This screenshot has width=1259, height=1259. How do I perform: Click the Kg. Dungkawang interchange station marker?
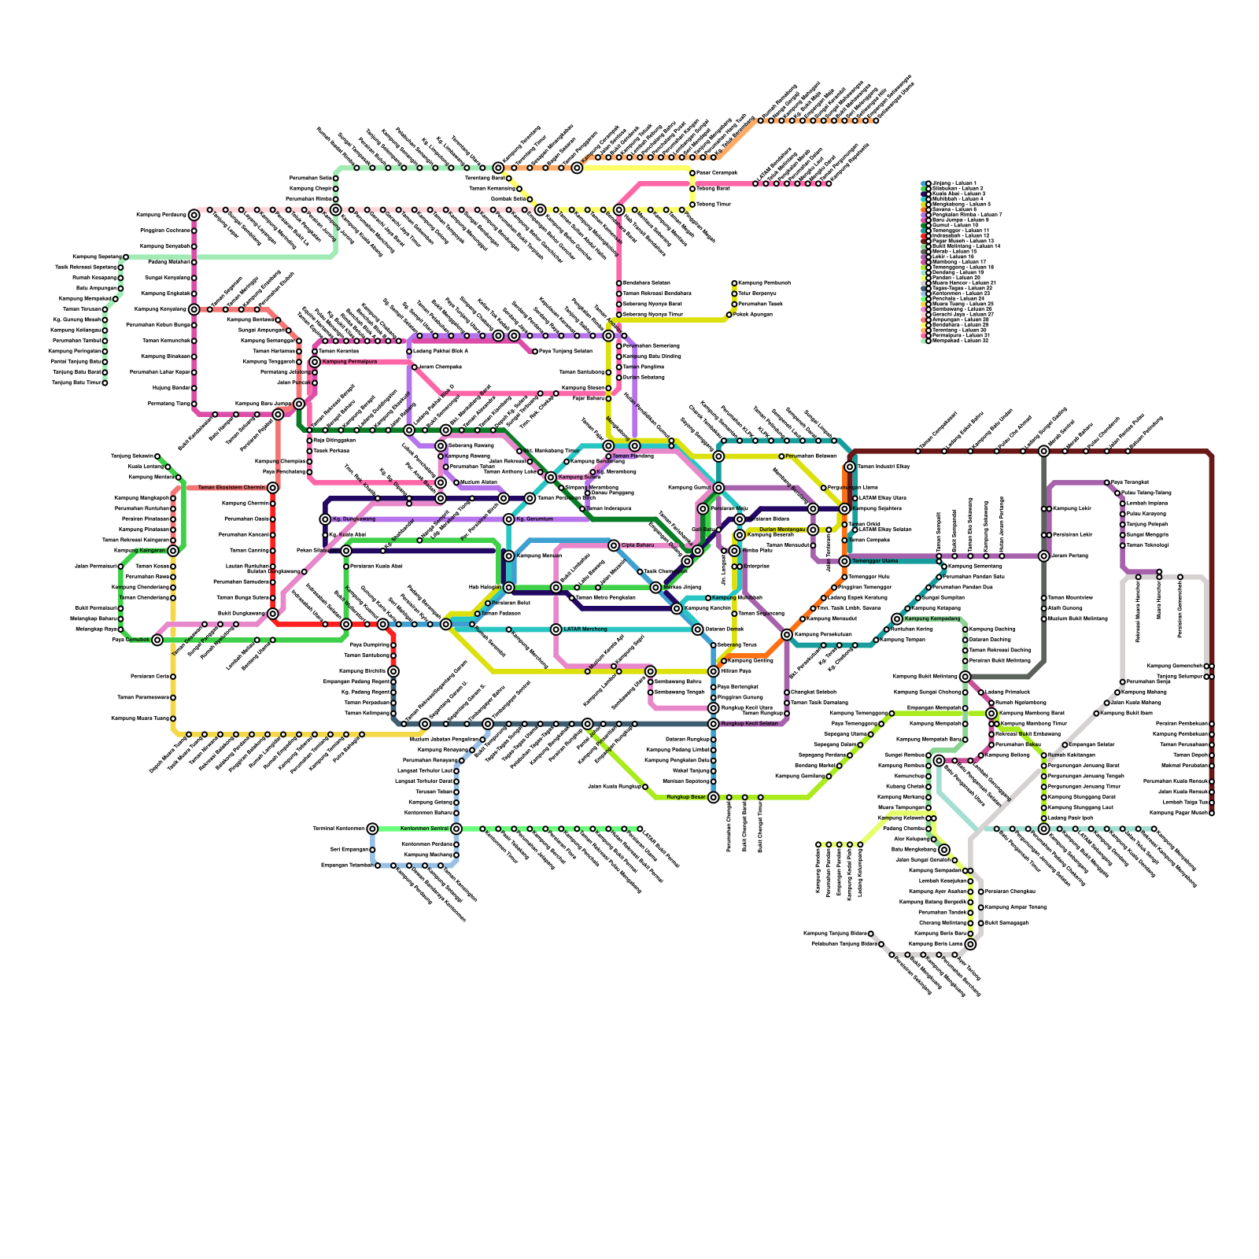pyautogui.click(x=325, y=519)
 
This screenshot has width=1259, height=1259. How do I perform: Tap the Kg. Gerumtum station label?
pyautogui.click(x=534, y=519)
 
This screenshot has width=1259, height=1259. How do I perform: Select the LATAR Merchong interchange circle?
pyautogui.click(x=556, y=629)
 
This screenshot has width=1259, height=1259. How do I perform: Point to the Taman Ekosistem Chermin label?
pyautogui.click(x=231, y=488)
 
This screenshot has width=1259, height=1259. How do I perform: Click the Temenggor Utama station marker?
pyautogui.click(x=844, y=561)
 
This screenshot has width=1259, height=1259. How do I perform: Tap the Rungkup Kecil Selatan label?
pyautogui.click(x=750, y=724)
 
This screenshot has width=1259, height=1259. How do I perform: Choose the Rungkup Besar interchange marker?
pyautogui.click(x=714, y=797)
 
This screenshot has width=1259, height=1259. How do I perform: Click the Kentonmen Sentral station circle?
pyautogui.click(x=456, y=829)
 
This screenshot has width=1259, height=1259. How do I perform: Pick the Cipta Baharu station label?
pyautogui.click(x=637, y=545)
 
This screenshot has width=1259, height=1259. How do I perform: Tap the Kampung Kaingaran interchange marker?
pyautogui.click(x=173, y=551)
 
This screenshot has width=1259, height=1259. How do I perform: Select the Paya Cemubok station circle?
pyautogui.click(x=157, y=640)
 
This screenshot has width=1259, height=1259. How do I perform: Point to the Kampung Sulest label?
pyautogui.click(x=579, y=478)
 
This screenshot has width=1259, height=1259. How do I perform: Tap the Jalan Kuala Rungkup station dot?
pyautogui.click(x=645, y=787)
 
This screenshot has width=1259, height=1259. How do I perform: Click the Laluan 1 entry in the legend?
pyautogui.click(x=952, y=183)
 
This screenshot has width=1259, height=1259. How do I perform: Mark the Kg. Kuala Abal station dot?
pyautogui.click(x=325, y=535)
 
